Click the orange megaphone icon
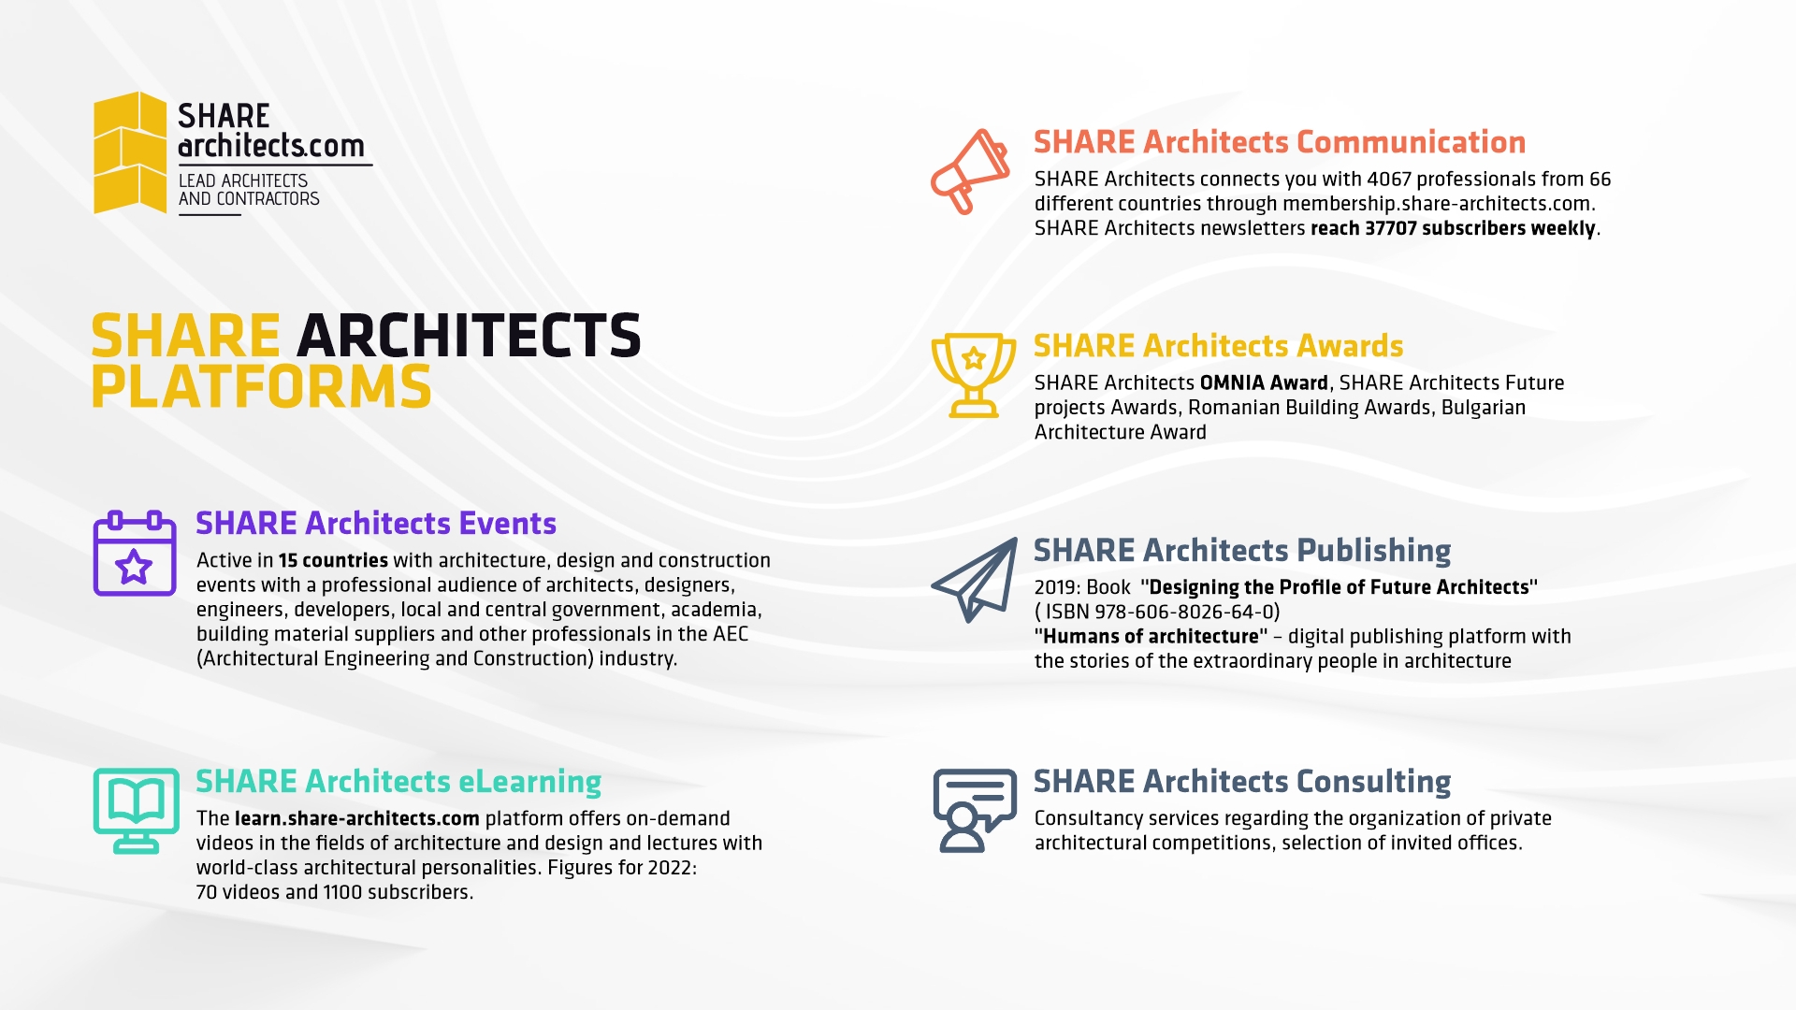coord(971,172)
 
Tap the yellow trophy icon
coord(974,375)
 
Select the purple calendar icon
coord(135,553)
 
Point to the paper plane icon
coord(975,580)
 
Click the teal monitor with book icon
coord(137,811)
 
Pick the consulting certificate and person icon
coord(975,811)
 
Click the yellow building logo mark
coord(130,152)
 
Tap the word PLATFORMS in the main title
coord(261,387)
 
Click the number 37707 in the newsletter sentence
coord(1391,228)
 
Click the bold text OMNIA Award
coord(1264,383)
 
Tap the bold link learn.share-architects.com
coord(357,819)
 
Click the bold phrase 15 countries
coord(333,561)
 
